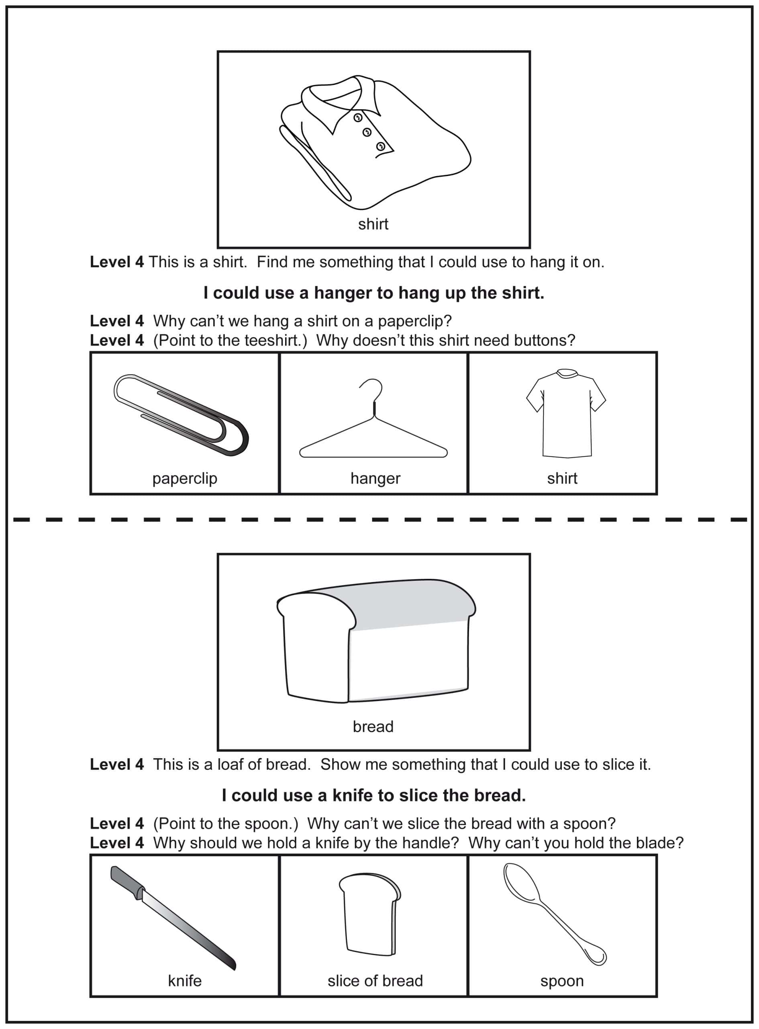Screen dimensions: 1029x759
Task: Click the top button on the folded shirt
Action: (x=357, y=118)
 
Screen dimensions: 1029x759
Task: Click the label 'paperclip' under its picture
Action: (x=185, y=478)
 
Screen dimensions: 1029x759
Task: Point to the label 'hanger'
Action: (x=375, y=478)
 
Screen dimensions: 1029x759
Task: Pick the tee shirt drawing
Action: (x=565, y=414)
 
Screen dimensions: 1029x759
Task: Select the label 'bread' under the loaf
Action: (x=373, y=726)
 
